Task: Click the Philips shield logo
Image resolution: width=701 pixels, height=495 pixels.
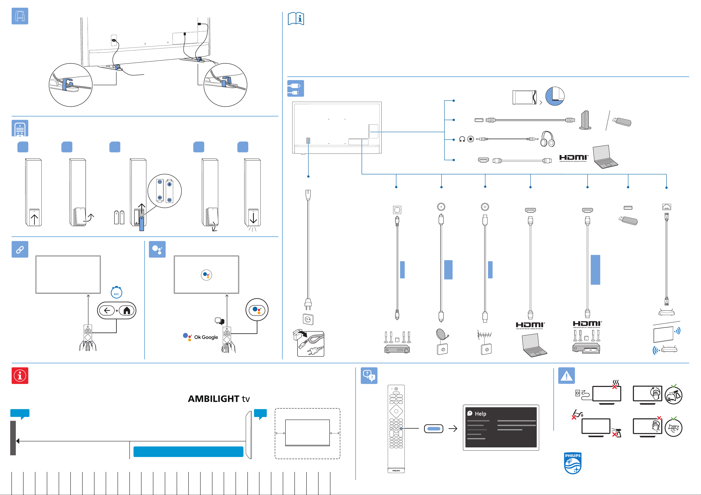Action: (x=572, y=463)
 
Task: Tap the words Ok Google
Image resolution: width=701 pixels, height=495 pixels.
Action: (x=206, y=337)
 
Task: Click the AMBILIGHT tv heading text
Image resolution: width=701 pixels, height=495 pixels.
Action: (x=219, y=399)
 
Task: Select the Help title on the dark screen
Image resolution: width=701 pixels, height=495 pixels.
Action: (x=480, y=414)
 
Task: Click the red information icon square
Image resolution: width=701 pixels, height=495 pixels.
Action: (x=20, y=376)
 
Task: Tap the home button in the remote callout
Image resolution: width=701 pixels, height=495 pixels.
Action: (x=127, y=310)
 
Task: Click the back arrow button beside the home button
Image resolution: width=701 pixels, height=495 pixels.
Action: (x=107, y=310)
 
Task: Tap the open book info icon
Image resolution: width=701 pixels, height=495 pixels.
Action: (x=296, y=19)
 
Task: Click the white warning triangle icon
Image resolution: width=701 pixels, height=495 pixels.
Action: (x=566, y=376)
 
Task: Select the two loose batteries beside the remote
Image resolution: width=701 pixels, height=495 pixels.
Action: (x=119, y=217)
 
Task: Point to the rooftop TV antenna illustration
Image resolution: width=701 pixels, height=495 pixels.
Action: (x=485, y=335)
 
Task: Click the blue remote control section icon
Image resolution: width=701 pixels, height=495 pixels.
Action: (x=20, y=128)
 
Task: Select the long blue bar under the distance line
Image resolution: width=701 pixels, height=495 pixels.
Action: (x=188, y=451)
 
